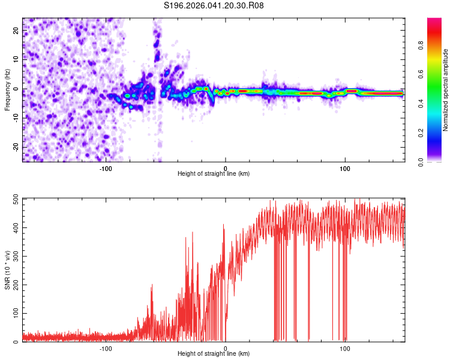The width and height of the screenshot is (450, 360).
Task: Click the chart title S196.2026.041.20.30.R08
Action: (x=214, y=6)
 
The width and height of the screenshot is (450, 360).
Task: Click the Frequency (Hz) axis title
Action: (x=7, y=89)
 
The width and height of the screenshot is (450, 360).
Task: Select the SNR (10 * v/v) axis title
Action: (x=7, y=269)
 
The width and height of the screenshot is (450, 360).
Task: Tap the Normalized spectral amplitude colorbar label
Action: (x=446, y=90)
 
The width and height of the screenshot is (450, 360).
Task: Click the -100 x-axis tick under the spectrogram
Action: (x=106, y=168)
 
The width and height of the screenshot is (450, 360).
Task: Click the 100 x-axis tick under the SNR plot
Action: (x=344, y=348)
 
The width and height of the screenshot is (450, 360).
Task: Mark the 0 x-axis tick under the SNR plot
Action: (x=226, y=348)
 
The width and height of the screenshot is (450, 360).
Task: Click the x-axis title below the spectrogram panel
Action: (x=214, y=174)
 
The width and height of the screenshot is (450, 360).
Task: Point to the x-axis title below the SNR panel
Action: (x=214, y=354)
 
